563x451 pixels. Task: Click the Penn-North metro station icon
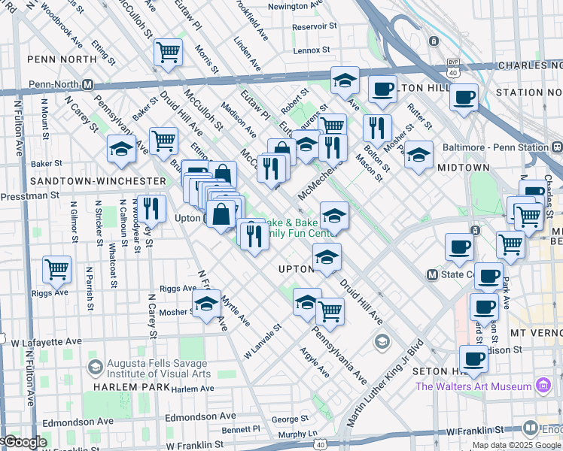tap(88, 84)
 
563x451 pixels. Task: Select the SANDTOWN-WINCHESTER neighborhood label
tap(97, 181)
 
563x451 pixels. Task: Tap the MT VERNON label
tap(536, 331)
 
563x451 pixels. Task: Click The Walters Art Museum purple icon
tap(542, 386)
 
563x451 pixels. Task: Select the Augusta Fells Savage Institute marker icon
tap(95, 368)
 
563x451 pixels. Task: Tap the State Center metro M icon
tap(433, 274)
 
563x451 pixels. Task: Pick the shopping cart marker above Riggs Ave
tap(57, 268)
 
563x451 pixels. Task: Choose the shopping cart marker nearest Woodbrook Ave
tap(168, 53)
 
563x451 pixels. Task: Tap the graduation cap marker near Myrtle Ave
tap(206, 304)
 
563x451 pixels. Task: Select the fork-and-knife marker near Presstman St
tap(151, 208)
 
